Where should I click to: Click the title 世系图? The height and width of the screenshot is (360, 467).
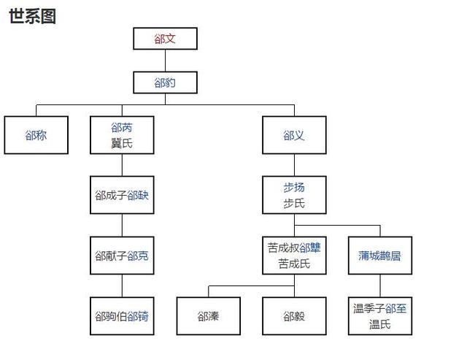coord(32,16)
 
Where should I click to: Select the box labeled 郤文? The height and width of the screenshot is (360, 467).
coord(165,39)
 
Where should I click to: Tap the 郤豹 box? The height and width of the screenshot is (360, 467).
coord(165,83)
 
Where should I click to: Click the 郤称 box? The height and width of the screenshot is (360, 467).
coord(36,135)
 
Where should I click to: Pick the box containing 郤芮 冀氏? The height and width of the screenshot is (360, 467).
coord(122,135)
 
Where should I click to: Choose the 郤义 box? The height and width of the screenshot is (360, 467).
coord(294,135)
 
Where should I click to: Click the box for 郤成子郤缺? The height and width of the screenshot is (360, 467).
coord(122,195)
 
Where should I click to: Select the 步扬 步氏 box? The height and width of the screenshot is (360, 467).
coord(294,195)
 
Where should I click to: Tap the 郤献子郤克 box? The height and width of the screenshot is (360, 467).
coord(122,256)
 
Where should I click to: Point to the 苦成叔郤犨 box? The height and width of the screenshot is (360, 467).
coord(294,256)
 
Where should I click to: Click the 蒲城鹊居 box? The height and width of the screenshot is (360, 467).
coord(379,256)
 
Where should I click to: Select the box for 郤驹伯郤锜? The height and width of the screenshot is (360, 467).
coord(122,316)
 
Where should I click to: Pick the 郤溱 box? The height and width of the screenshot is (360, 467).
coord(208,316)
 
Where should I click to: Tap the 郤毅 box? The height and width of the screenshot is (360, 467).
coord(294,316)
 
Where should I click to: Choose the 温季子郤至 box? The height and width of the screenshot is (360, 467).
coord(379,316)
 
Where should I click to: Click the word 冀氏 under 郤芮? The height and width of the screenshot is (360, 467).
coord(122,143)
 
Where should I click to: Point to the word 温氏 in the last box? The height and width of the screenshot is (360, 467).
coord(379,324)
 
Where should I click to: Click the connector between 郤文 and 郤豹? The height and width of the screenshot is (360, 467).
coord(165,61)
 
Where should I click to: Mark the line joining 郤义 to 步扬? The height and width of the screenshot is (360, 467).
coord(294,165)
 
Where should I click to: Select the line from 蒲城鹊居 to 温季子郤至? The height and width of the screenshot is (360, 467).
coord(379,286)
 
